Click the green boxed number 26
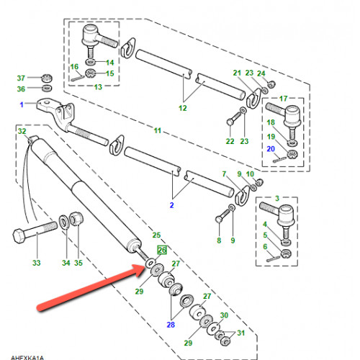tap(162, 250)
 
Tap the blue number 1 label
tap(22, 104)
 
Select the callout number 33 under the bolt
tap(37, 263)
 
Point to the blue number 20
tap(271, 149)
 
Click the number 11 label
tap(158, 130)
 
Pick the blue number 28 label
tap(171, 325)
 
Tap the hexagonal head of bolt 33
tap(19, 235)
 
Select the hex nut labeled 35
tap(76, 219)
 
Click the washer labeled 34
tap(64, 222)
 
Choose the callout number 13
tap(98, 87)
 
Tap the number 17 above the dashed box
tap(284, 99)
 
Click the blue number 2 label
tap(171, 205)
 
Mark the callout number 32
tap(22, 131)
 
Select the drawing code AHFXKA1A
tap(27, 358)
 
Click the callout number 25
tap(156, 235)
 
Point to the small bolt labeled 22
tap(233, 120)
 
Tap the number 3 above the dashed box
tap(277, 198)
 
